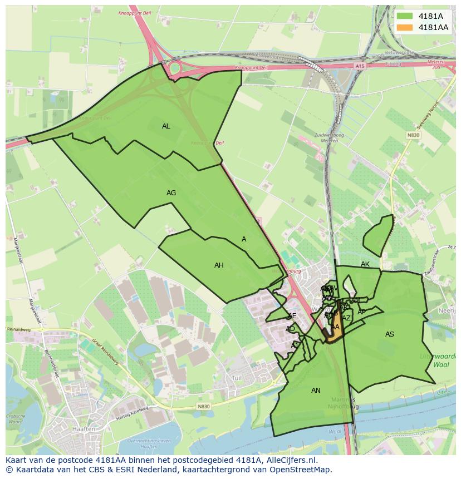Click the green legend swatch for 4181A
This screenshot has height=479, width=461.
tap(405, 16)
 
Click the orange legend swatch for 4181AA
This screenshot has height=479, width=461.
tap(405, 27)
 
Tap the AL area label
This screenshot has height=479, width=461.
tap(166, 126)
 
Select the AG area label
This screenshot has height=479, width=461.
tap(171, 193)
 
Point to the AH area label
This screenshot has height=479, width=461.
tap(219, 265)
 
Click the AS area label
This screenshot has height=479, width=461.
tap(390, 334)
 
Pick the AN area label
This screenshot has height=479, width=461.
tap(316, 391)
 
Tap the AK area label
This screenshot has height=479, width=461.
tap(365, 264)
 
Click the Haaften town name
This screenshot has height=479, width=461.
tap(83, 429)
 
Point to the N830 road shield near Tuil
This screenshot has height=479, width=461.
tap(204, 407)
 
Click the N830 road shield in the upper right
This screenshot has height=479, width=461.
tap(413, 135)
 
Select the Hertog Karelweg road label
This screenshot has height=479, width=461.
tap(132, 413)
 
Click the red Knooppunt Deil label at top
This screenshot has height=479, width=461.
tap(135, 13)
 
